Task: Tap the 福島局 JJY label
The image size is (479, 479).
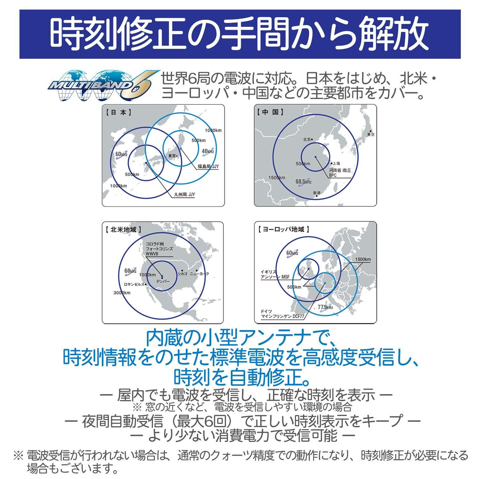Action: (208, 166)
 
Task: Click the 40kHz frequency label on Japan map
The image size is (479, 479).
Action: (208, 151)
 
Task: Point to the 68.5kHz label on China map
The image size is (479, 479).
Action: (303, 182)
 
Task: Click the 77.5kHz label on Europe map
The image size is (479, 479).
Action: (325, 307)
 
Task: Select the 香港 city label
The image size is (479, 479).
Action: (316, 193)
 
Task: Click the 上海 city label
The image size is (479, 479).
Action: (336, 163)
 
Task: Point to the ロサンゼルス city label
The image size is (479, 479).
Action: (134, 284)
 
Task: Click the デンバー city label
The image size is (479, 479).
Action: (163, 281)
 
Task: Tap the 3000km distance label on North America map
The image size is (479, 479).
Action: (122, 293)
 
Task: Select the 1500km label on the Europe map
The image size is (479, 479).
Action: (362, 259)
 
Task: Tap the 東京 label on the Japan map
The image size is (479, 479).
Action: (172, 156)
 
